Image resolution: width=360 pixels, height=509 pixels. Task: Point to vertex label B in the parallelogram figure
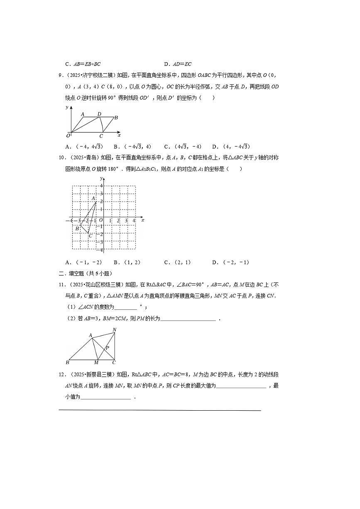point(116,118)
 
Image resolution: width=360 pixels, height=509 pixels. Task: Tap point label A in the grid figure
point(93,199)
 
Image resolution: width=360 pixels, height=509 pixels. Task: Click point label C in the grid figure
point(90,236)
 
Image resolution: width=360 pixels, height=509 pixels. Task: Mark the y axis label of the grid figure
point(100,178)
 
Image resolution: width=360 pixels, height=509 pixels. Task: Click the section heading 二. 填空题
point(85,273)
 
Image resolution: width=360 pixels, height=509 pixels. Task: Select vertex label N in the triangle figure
point(115,330)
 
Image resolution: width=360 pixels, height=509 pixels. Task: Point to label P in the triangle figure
point(107,348)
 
